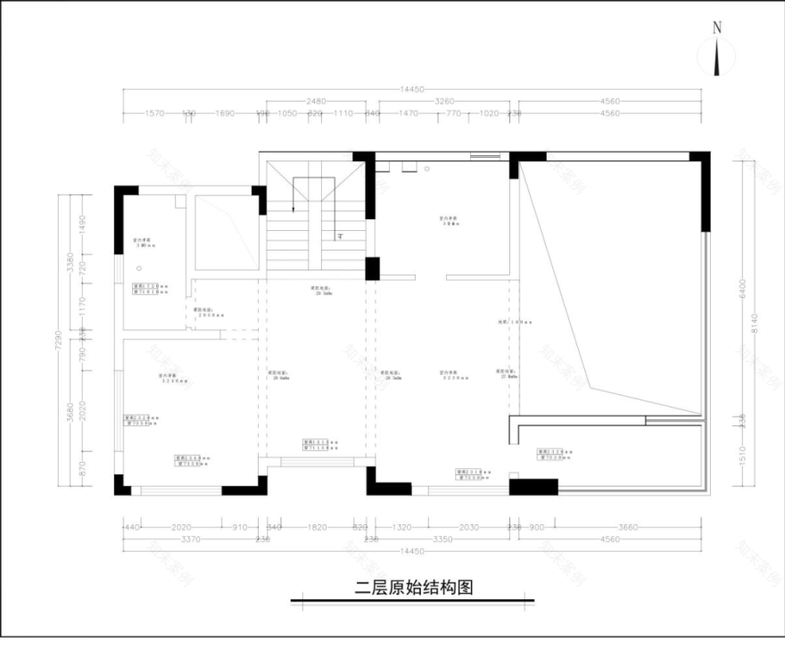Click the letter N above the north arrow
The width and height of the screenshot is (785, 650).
point(717,28)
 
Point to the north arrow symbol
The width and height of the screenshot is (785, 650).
point(717,56)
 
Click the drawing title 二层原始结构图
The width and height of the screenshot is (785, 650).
point(413,588)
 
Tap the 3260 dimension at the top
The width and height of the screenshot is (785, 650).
point(444,102)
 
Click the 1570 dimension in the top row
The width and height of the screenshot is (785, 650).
point(156,114)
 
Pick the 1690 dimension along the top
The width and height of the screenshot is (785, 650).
point(225,114)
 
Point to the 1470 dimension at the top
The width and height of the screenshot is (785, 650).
point(409,114)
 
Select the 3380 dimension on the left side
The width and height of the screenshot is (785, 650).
point(70,263)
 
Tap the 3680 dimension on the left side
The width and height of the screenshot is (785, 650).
point(70,413)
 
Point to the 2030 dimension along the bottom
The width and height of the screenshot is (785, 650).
point(471,527)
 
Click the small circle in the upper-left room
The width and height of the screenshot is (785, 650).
point(138,268)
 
